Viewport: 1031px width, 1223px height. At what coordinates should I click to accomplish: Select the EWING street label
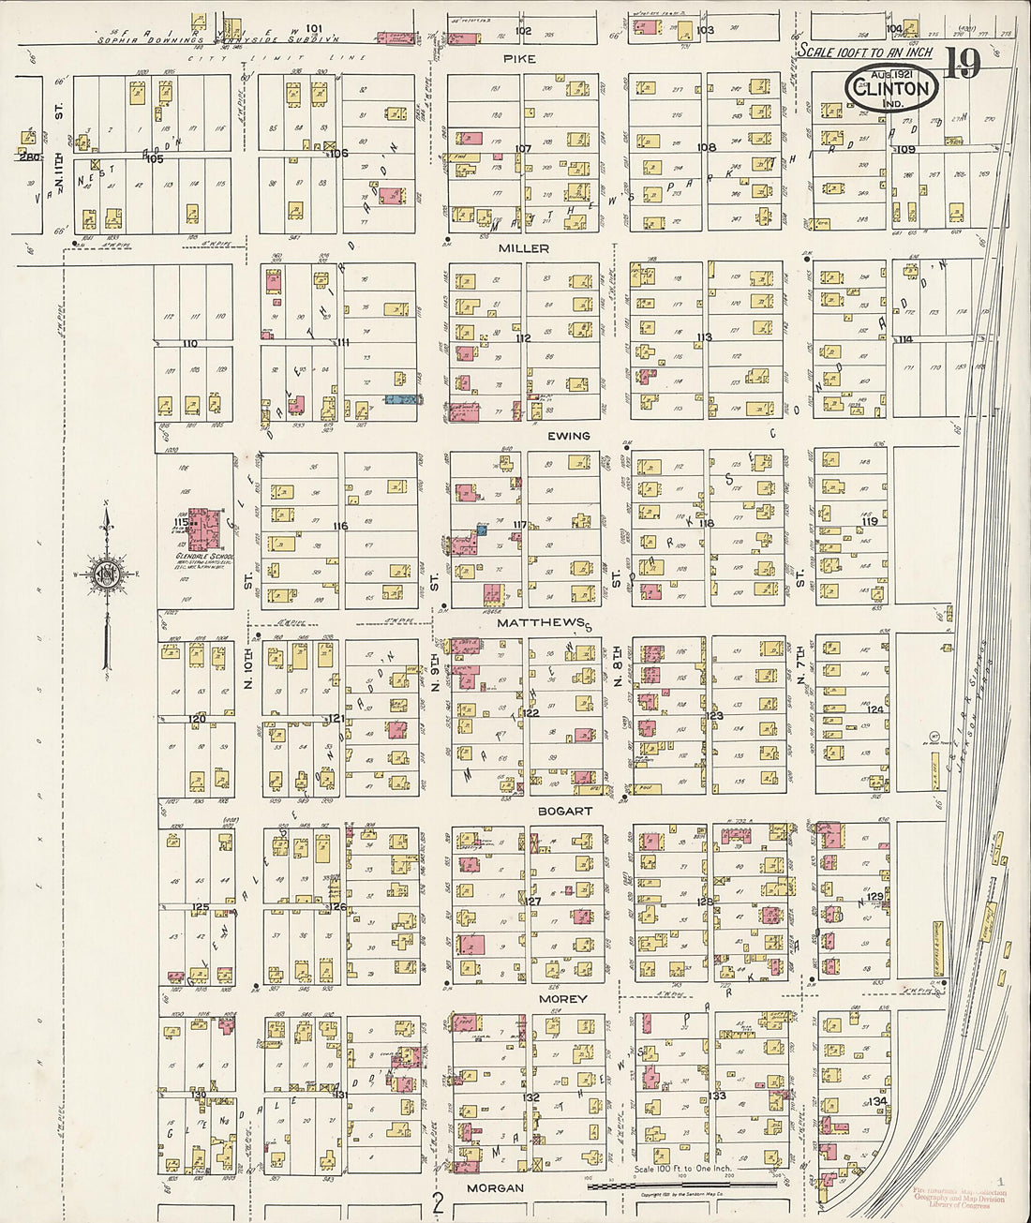tap(570, 436)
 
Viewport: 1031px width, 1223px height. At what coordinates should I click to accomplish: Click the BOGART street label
tap(564, 811)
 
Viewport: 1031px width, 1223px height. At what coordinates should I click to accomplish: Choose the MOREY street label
tap(562, 999)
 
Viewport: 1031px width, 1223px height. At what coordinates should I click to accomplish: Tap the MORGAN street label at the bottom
tap(495, 1187)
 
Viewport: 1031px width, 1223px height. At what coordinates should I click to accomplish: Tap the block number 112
tap(522, 338)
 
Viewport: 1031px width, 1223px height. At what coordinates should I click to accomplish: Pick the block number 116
tap(339, 527)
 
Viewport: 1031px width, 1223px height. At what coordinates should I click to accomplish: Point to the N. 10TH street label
tap(249, 670)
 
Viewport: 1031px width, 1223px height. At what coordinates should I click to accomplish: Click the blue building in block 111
tap(401, 399)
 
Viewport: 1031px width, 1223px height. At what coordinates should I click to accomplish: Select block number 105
tap(154, 159)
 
